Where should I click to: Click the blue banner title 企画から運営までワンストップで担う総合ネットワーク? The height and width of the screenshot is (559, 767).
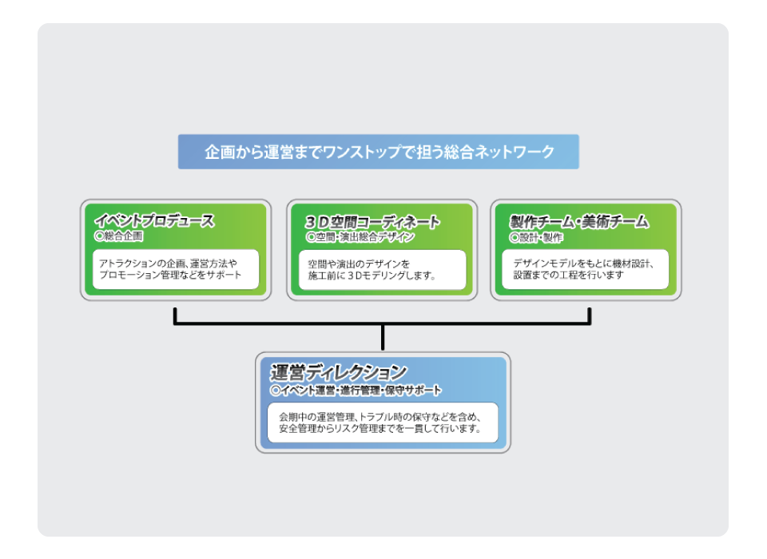[x=379, y=152]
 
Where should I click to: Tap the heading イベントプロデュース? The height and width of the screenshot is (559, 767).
[x=154, y=220]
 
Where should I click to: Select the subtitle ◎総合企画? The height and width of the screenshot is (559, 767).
[x=119, y=236]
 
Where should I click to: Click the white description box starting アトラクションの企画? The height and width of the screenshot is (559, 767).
[x=176, y=269]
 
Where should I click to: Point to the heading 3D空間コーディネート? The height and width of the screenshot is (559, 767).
[x=372, y=222]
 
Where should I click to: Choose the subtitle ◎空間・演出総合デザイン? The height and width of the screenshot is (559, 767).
[x=360, y=237]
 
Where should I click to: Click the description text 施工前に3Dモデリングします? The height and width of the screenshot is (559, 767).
[x=372, y=276]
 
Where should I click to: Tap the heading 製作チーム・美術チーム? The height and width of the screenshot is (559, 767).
[x=579, y=221]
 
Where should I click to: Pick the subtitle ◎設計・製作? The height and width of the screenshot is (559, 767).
[x=536, y=238]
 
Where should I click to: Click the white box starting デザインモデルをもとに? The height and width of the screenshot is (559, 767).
[x=585, y=269]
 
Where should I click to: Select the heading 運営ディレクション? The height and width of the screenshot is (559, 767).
[x=339, y=373]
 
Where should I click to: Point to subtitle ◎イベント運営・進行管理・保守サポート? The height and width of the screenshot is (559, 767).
[x=356, y=391]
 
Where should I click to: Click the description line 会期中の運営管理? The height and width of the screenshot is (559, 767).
[x=380, y=417]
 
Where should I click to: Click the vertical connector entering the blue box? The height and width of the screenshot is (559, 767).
[x=383, y=338]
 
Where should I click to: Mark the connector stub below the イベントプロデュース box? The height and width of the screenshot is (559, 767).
[x=175, y=315]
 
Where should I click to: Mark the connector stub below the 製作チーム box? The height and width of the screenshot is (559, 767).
[x=590, y=315]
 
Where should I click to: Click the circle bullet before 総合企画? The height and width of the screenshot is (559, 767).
[x=99, y=236]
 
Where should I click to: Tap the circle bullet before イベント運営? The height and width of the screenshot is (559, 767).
[x=276, y=391]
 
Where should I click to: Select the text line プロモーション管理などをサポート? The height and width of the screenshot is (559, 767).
[x=170, y=275]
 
